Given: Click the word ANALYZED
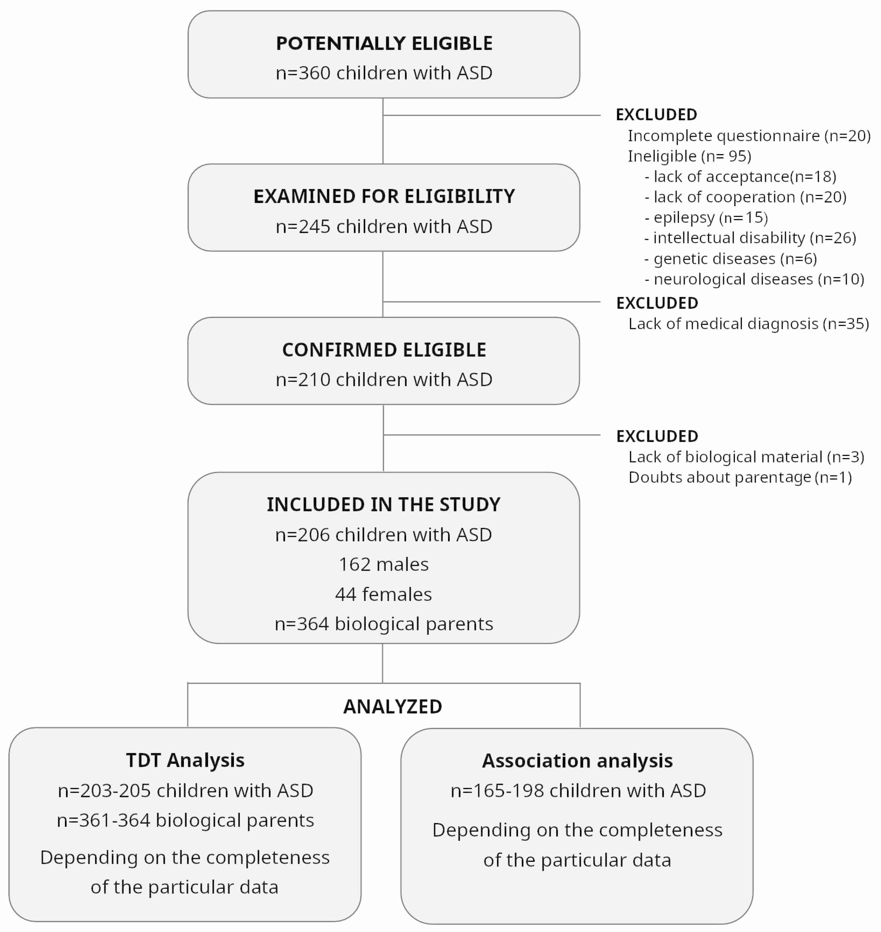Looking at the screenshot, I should (x=393, y=707).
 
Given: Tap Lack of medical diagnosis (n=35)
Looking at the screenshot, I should (x=749, y=324).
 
